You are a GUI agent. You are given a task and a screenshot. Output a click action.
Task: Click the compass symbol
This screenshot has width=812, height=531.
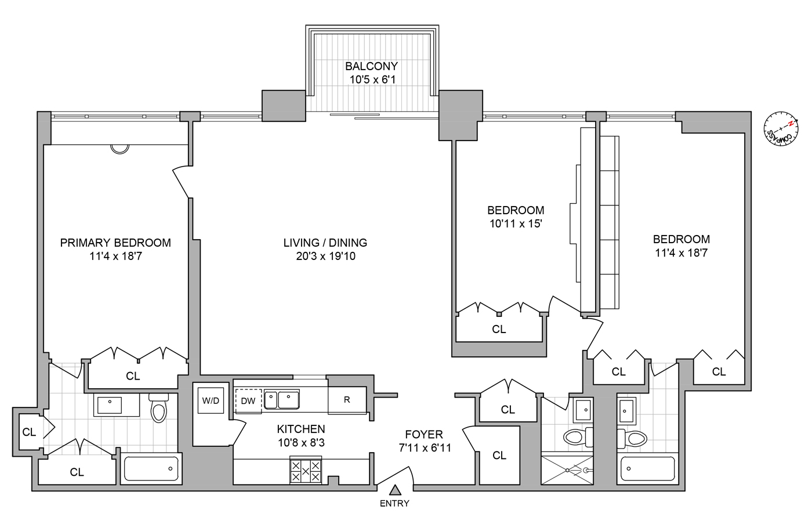pos(781,128)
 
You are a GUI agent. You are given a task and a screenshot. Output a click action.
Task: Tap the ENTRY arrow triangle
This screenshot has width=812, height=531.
pos(395,490)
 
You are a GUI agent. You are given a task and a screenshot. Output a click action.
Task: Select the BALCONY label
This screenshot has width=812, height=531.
pos(372,66)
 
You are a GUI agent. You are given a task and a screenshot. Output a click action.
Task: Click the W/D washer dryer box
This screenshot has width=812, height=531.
pos(211,400)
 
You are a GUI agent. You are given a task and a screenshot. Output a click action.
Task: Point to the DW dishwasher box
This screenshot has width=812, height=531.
pos(248,400)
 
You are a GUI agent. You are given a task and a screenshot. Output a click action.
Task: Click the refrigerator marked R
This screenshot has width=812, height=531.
pos(347,400)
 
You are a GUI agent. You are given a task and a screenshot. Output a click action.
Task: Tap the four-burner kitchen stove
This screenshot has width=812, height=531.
pos(306,471)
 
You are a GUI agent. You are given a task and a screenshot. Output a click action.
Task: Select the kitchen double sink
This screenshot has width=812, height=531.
pos(282,400)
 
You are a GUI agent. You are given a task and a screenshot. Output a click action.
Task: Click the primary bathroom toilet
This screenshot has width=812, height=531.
pos(158,409)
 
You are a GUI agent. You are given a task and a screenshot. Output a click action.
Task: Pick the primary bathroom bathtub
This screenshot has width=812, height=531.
pos(151,468)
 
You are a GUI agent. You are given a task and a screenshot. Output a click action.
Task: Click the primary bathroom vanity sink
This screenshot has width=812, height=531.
pos(110,404)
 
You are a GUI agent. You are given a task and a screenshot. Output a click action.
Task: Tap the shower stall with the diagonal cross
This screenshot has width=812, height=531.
pos(567,470)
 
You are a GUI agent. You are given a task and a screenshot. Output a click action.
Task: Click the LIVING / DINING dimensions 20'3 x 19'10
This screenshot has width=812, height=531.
pos(325,256)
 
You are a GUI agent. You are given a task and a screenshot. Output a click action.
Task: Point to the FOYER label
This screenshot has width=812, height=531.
pos(424,434)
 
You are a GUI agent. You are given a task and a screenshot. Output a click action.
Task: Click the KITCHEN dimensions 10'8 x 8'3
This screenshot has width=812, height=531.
pos(301,443)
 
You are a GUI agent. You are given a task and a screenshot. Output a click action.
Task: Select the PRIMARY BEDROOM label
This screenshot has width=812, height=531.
pos(115,243)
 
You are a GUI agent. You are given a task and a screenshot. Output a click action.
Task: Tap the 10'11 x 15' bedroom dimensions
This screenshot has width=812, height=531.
pos(516,223)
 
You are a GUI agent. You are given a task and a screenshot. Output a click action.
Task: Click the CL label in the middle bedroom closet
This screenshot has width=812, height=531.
pos(499,329)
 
